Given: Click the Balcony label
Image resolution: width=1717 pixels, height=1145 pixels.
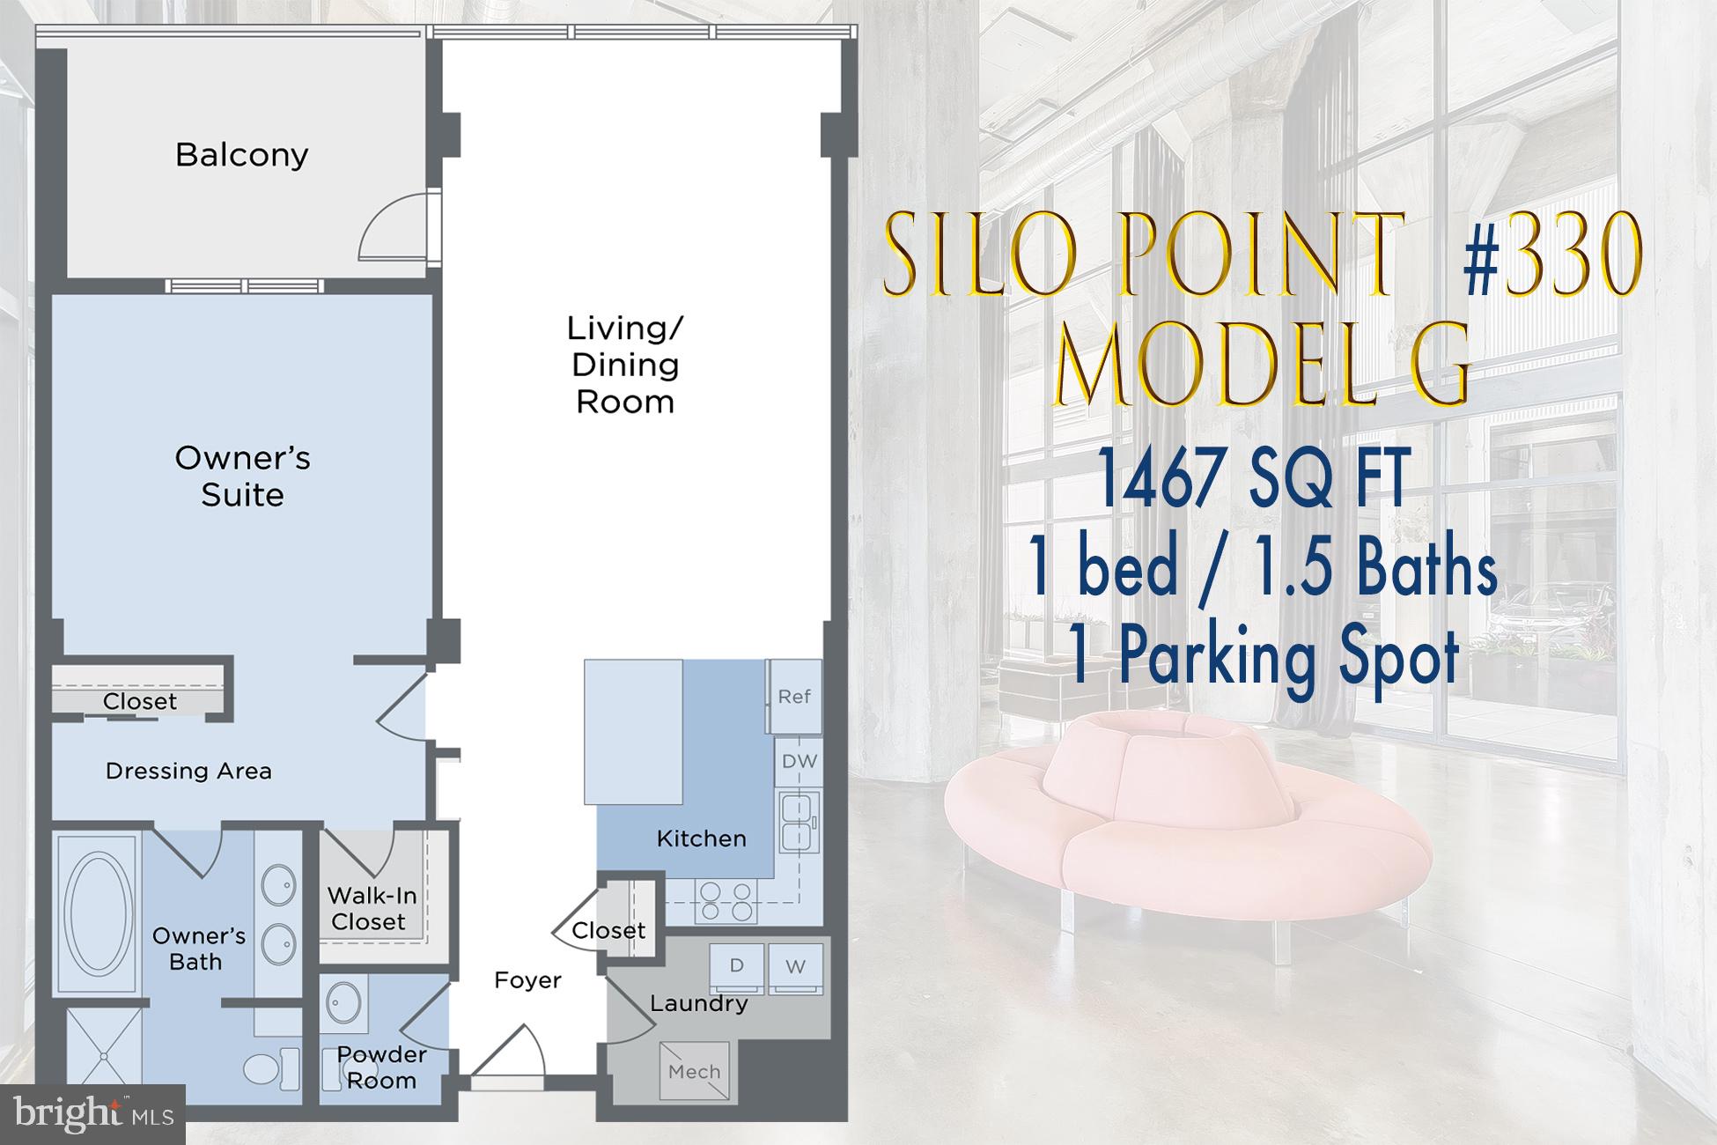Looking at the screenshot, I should click(242, 155).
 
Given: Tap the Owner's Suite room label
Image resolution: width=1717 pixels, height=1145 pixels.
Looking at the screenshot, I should click(242, 476).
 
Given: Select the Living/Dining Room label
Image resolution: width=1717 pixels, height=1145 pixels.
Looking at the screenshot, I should click(624, 365).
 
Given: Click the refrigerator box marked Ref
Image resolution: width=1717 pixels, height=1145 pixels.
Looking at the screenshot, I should click(794, 697).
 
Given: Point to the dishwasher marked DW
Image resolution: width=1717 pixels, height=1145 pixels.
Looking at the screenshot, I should click(800, 761).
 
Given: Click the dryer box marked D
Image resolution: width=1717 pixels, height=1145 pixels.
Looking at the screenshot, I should click(737, 966).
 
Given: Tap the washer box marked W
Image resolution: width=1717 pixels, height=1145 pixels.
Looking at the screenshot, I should click(796, 967).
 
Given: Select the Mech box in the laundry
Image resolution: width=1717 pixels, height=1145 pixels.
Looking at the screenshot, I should click(695, 1071).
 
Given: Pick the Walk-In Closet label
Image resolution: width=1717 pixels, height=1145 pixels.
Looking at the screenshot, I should click(371, 909).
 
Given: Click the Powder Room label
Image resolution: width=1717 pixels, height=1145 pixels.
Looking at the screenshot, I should click(381, 1067).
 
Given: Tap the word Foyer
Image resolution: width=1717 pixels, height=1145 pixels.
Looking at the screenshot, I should click(527, 980).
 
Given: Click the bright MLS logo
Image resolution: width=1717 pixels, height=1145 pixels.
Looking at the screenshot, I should click(93, 1115).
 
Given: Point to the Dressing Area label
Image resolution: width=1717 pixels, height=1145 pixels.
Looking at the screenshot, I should click(188, 772).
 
